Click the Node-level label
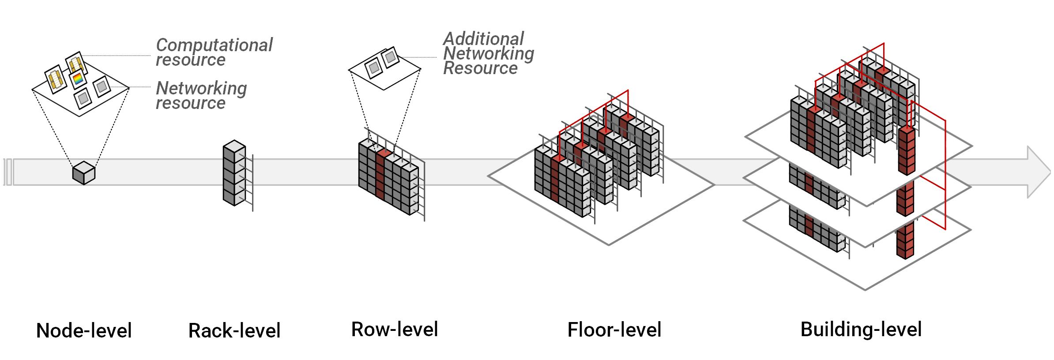point(84,331)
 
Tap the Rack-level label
point(234,331)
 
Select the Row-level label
point(395,330)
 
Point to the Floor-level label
point(614,330)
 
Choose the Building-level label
point(861,330)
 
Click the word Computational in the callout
point(215,45)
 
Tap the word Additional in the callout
point(484,39)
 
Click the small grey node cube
point(84,173)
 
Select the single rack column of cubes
point(234,173)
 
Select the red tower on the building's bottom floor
point(905,240)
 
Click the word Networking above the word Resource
point(489,54)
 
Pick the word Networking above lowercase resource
point(201,88)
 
